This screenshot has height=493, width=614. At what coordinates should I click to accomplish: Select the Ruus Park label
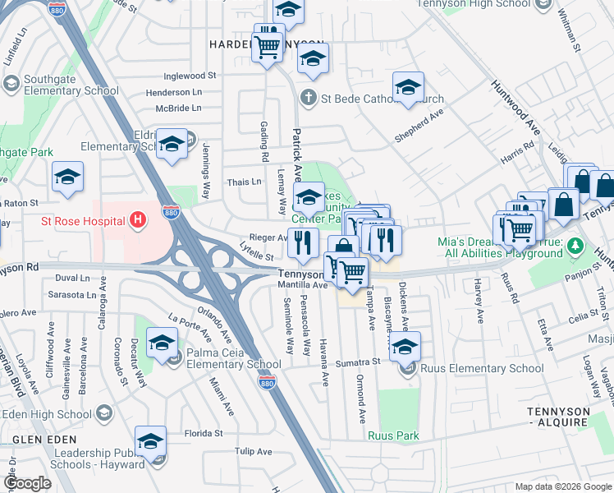[393, 436]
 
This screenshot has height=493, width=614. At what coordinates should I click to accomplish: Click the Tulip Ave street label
[253, 451]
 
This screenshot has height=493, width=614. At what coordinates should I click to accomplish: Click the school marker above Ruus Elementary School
[404, 347]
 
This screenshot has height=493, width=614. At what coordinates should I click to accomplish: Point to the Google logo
[28, 483]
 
